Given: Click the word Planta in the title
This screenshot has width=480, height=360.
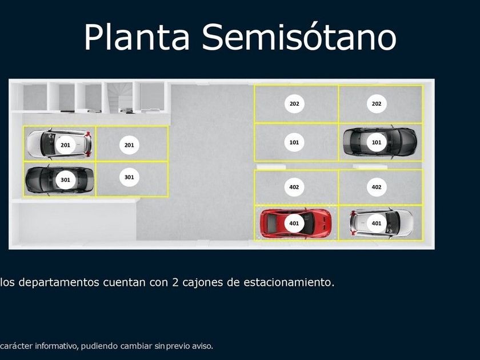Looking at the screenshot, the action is click(137, 37).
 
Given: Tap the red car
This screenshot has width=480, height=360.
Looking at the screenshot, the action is click(295, 223).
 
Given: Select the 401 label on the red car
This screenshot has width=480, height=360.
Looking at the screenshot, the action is click(294, 223).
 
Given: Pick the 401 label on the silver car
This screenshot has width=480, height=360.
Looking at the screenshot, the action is click(376, 223).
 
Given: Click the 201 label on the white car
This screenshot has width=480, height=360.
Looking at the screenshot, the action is click(65, 145).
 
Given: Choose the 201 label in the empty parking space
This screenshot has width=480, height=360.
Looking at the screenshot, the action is click(129, 145).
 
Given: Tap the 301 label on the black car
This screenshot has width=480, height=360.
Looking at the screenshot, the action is click(65, 179).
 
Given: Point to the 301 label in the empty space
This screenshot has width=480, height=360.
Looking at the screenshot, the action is click(129, 177).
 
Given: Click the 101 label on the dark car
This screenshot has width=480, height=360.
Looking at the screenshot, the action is click(376, 142).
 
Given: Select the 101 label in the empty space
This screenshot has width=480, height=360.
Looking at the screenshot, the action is click(294, 142).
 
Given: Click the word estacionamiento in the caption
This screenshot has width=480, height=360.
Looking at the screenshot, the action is click(289, 282).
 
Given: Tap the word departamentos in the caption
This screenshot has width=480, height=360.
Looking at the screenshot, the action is click(59, 282).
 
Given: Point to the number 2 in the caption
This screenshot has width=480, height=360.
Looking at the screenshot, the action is click(175, 282).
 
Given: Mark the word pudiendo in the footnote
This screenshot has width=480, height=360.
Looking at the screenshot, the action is click(99, 346).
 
